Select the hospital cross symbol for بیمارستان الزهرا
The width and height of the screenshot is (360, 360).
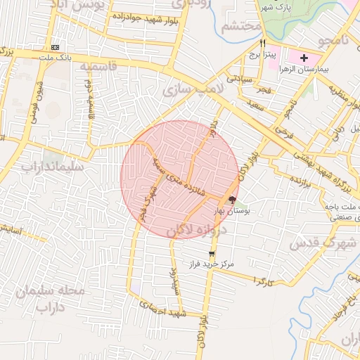coord(304,58)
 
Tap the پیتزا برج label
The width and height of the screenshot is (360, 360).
coord(266,53)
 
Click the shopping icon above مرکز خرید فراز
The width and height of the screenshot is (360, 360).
coord(212,254)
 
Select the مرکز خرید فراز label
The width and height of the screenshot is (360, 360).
coord(210,264)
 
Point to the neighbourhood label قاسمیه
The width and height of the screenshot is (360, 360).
coord(97,67)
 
